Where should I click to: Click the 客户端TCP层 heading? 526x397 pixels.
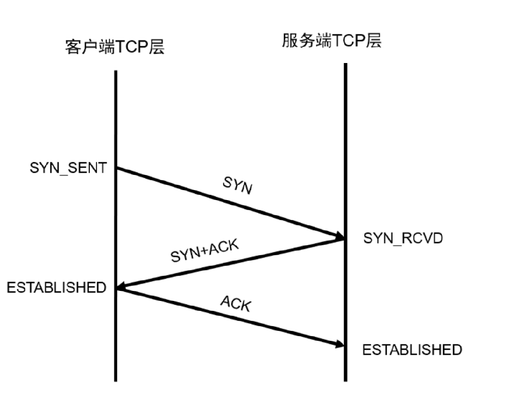coord(114,47)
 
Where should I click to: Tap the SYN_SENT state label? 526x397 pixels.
coord(69,169)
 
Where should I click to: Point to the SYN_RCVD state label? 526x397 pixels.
coord(403,238)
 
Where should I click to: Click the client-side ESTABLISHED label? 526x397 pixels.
coord(56,288)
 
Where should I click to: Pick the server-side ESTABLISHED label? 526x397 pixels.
coord(412,350)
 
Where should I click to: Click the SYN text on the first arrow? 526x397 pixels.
coord(237,185)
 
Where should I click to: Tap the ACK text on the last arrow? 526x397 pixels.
coord(236,303)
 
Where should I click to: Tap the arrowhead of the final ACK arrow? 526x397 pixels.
coord(339,344)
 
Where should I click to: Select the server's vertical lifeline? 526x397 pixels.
coord(345,131)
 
